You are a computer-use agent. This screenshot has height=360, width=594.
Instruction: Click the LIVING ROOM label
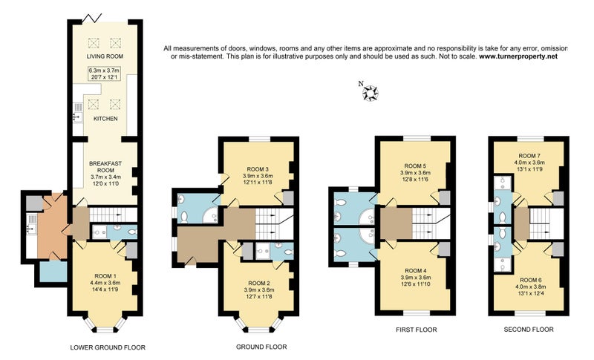[x=105, y=56]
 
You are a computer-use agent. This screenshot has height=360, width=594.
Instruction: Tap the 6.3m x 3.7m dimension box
[x=104, y=73]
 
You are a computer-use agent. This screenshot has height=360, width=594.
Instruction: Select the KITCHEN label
[x=105, y=119]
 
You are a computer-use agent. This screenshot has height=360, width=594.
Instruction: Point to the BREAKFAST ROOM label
[x=105, y=167]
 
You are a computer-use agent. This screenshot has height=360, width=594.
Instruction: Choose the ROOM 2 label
[x=259, y=283]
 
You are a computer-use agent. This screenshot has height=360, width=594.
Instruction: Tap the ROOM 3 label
[x=258, y=169]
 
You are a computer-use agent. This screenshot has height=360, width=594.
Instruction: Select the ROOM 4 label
[x=416, y=271]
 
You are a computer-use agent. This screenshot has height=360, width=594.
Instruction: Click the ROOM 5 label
[x=415, y=166]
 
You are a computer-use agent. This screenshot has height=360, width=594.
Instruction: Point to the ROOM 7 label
[x=529, y=156]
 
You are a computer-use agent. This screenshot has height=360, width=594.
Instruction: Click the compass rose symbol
[x=370, y=93]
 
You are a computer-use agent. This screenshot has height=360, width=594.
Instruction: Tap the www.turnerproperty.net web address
[x=518, y=56]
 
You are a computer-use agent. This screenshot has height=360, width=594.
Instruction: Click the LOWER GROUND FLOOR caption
[x=108, y=347]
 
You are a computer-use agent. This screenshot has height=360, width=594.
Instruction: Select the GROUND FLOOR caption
[x=261, y=347]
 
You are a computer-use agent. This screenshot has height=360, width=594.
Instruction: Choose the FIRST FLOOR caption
[x=417, y=330]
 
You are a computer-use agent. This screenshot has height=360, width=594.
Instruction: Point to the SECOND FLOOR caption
[x=529, y=330]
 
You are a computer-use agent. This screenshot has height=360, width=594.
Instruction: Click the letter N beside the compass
[x=361, y=84]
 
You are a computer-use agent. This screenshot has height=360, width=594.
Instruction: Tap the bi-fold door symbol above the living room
[x=92, y=17]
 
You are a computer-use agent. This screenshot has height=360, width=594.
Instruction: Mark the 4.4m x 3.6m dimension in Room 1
[x=105, y=283]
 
